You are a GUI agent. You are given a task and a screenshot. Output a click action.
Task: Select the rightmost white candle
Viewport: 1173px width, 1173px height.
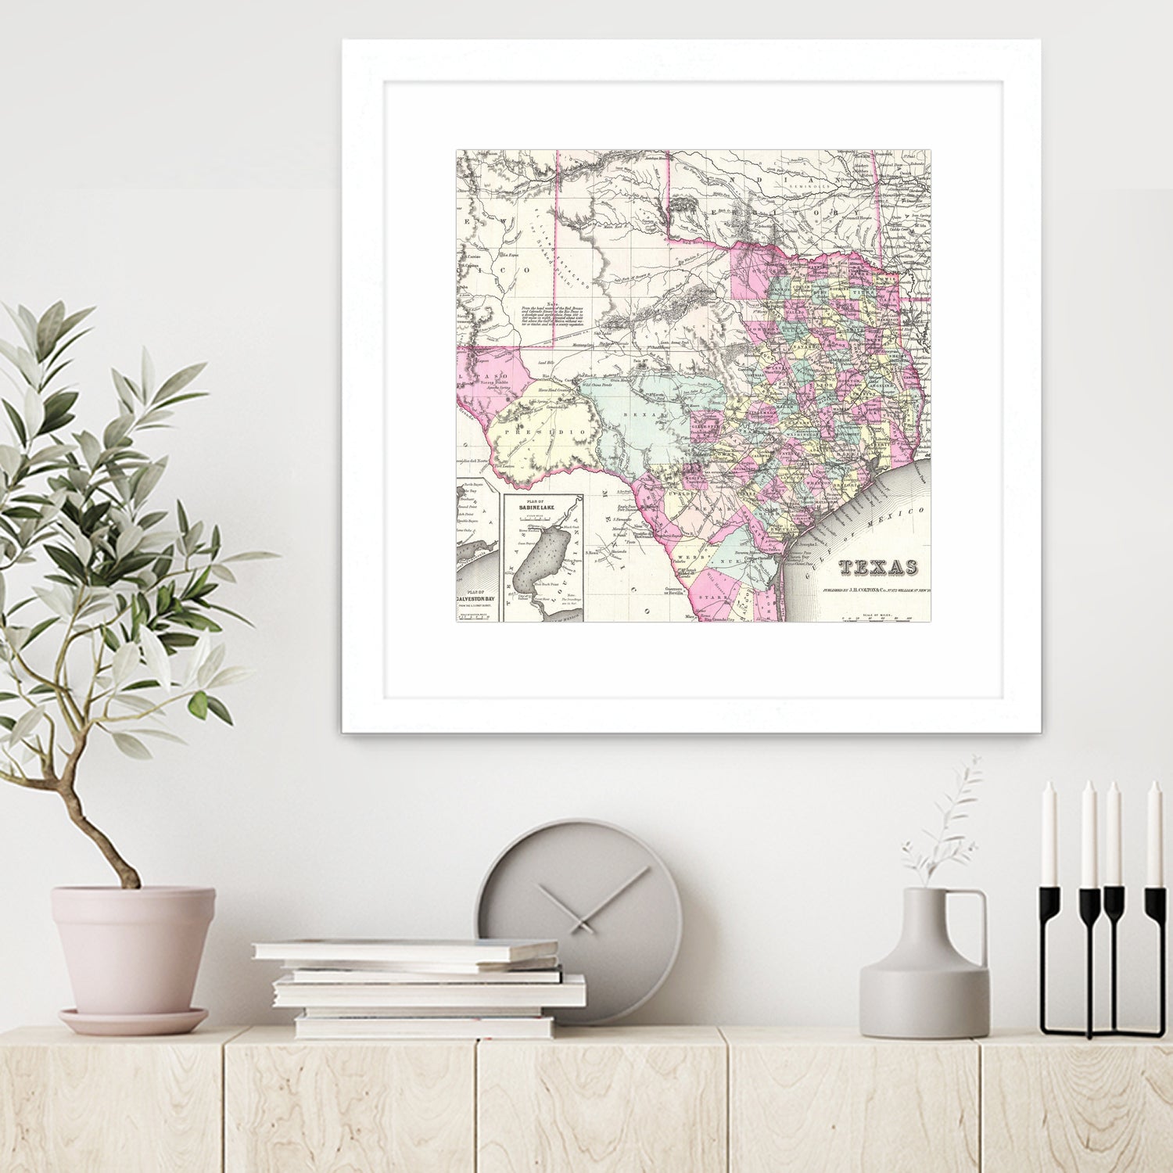1153,833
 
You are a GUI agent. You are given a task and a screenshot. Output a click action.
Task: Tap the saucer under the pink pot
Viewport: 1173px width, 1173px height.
133,1021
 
